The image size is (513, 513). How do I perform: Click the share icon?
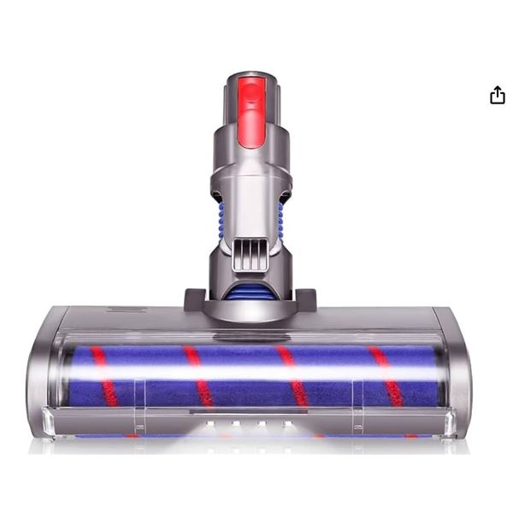click(498, 95)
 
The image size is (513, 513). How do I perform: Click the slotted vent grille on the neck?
click(249, 254)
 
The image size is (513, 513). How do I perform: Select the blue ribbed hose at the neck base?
click(249, 291)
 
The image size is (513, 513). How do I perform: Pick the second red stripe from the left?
click(198, 376)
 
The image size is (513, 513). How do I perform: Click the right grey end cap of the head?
click(457, 376)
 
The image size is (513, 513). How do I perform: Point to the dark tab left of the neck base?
click(194, 299)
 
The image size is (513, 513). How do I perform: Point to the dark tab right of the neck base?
click(305, 299)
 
